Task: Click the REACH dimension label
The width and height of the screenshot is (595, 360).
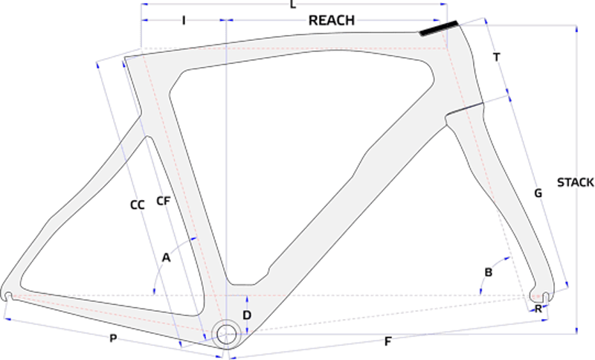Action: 332,20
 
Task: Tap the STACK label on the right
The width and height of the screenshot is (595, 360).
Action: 576,182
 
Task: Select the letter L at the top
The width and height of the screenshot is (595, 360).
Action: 293,5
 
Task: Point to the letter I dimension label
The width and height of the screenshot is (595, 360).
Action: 183,20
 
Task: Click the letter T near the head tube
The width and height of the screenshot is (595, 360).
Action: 496,57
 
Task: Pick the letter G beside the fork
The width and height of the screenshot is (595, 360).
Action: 538,193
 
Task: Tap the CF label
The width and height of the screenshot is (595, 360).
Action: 164,200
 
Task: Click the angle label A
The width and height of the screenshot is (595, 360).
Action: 167,257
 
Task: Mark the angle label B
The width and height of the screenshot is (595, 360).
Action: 488,273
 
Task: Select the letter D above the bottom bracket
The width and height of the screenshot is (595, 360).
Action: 248,315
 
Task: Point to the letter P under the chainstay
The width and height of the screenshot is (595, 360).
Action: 113,339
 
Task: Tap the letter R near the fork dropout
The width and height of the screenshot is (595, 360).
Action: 538,308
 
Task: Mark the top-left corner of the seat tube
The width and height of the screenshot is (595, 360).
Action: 124,57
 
